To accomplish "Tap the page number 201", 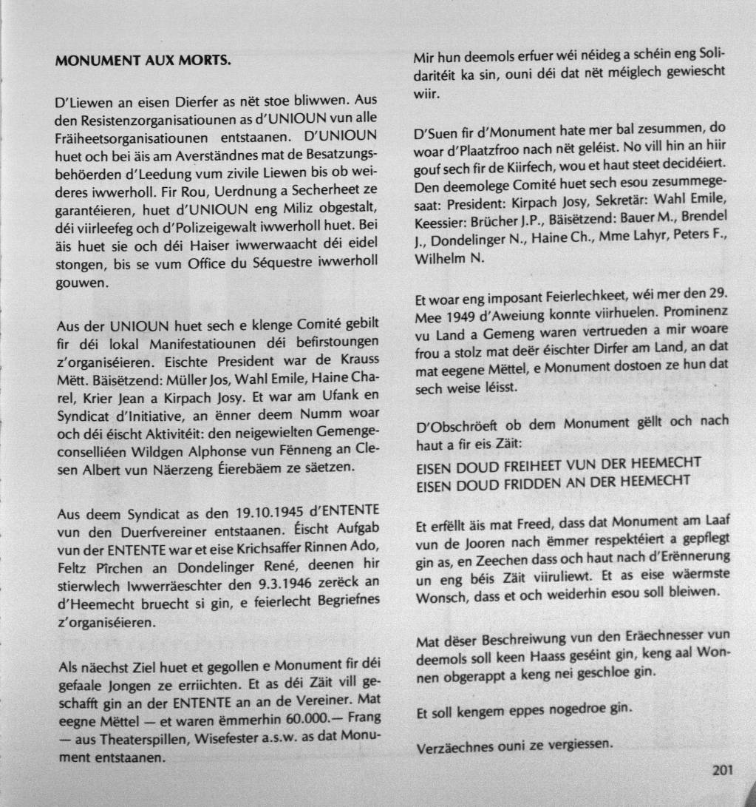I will tap(723, 770).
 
